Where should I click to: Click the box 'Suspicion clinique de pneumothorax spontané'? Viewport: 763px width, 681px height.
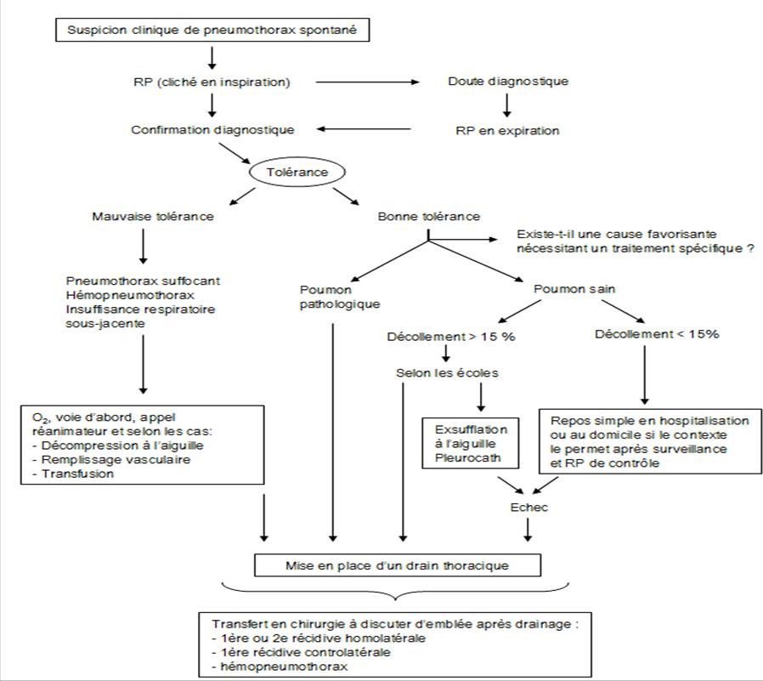coord(212,30)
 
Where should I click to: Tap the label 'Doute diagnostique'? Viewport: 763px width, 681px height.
coord(508,82)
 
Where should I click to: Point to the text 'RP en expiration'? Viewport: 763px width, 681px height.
coord(507,130)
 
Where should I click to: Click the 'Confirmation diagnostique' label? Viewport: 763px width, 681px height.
coord(212,130)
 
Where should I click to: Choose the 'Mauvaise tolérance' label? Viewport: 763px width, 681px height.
coord(153,216)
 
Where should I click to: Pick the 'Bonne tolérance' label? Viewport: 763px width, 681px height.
coord(429,216)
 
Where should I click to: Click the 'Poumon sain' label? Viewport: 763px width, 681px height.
coord(574,289)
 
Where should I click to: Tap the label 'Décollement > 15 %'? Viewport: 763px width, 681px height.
coord(451,337)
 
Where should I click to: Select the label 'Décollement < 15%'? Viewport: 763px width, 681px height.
coord(657,334)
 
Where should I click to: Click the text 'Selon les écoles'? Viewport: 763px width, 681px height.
coord(447,373)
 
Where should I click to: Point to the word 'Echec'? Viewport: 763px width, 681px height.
coord(529,508)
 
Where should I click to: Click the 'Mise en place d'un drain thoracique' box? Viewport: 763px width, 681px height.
coord(398,565)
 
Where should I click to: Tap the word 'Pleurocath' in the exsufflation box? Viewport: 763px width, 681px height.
coord(467,457)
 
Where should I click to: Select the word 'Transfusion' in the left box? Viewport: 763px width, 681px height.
coord(77,474)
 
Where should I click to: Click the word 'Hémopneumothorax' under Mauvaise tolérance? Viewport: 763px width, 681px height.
coord(130,295)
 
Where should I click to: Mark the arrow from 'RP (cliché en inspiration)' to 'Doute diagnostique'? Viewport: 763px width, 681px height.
coord(367,82)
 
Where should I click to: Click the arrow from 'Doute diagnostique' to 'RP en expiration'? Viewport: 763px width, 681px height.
coord(506,105)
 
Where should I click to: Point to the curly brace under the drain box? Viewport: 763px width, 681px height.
coord(395,592)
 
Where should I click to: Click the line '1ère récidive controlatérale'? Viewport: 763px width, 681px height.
coord(302,652)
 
